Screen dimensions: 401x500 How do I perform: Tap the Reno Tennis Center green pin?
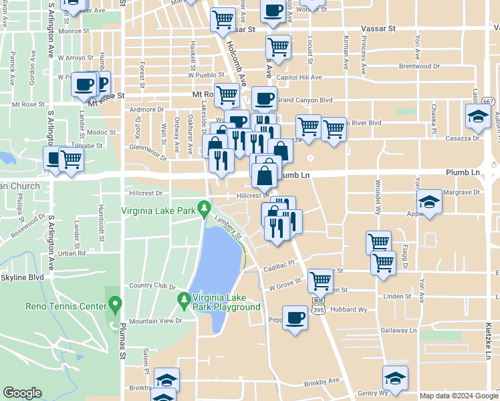pyautogui.click(x=114, y=306)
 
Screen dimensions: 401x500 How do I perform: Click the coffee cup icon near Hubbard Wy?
pyautogui.click(x=294, y=318)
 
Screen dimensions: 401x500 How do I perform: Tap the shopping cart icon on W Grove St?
pyautogui.click(x=320, y=281)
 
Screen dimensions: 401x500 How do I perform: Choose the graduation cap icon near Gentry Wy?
pyautogui.click(x=395, y=378)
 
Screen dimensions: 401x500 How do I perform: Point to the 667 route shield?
pyautogui.click(x=489, y=101)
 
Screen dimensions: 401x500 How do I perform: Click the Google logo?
pyautogui.click(x=22, y=393)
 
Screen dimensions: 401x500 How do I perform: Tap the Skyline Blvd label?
pyautogui.click(x=22, y=277)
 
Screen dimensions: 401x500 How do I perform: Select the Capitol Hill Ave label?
pyautogui.click(x=299, y=78)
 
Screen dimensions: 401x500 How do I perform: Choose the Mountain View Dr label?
pyautogui.click(x=156, y=321)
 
